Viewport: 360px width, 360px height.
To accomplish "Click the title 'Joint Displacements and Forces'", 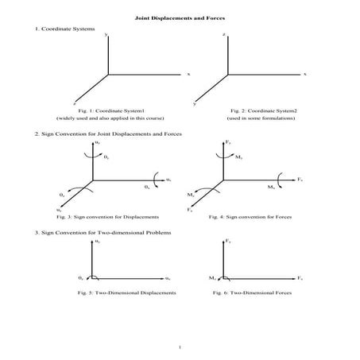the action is pos(180,17).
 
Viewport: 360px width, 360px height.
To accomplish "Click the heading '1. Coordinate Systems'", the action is pos(65,29).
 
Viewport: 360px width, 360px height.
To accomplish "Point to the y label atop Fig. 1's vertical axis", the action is pos(106,35).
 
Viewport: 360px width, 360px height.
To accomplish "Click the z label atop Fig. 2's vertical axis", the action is pos(225,35).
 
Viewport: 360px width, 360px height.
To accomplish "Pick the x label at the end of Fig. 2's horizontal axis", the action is pos(305,74).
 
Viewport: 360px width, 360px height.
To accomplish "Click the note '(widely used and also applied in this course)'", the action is pos(99,118).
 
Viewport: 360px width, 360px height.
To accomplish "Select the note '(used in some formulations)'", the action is pos(261,118).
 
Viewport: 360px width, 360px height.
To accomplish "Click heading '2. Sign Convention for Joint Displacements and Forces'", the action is pos(107,134).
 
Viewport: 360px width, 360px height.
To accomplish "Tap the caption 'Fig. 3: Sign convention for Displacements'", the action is pos(107,216).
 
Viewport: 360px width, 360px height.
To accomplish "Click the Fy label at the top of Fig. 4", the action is pos(229,141).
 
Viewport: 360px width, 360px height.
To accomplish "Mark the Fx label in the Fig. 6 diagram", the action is pos(300,278).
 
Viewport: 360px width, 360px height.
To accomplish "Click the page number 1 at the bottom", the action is pos(180,347).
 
